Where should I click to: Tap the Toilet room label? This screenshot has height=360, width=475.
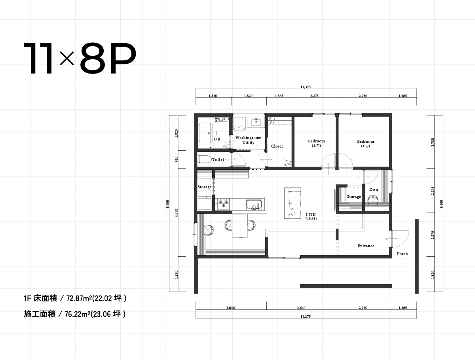tap(218, 159)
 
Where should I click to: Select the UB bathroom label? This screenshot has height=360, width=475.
tap(217, 139)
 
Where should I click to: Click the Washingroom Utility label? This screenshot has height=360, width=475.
tap(248, 140)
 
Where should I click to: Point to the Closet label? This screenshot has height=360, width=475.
tap(277, 146)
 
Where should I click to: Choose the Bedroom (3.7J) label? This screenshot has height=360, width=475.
tap(316, 143)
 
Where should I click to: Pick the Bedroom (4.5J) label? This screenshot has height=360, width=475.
tap(365, 144)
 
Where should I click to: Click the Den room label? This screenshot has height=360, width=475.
tap(374, 189)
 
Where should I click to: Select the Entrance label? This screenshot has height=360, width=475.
tap(366, 246)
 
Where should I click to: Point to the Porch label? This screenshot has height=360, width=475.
tap(402, 254)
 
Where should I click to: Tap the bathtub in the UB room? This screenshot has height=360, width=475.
tap(206, 133)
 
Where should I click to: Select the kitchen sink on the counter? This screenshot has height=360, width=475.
tap(254, 205)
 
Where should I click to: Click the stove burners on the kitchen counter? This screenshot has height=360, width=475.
tap(223, 204)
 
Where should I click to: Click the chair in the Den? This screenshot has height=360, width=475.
tap(372, 202)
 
